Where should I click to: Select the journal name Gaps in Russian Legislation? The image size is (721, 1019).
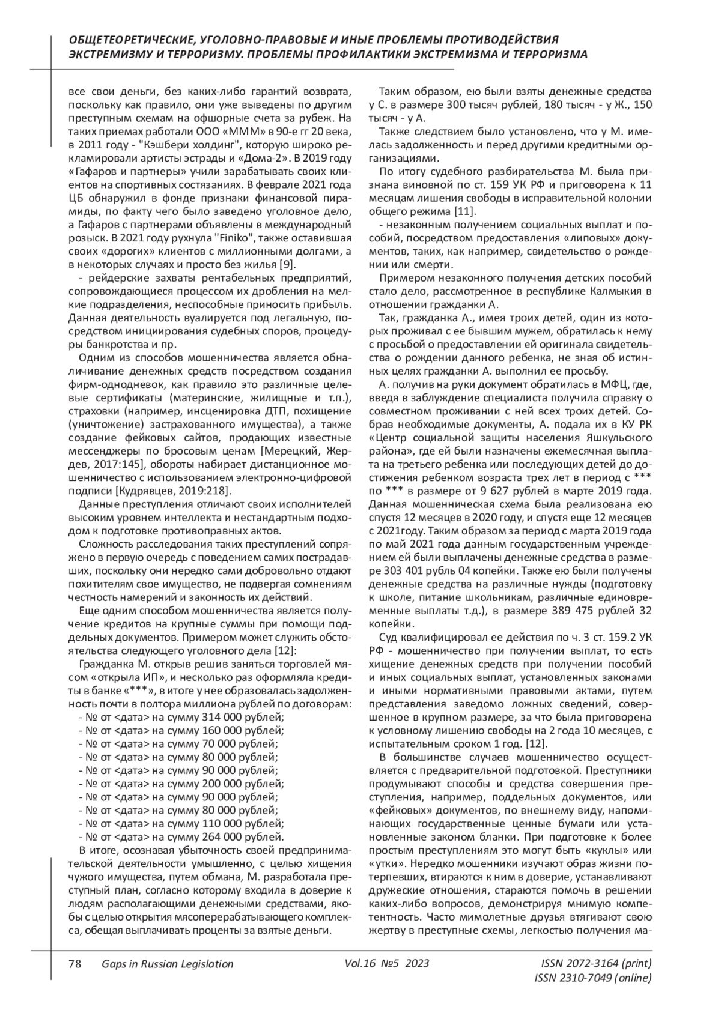point(167,963)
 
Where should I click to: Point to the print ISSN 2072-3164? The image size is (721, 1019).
point(587,963)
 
